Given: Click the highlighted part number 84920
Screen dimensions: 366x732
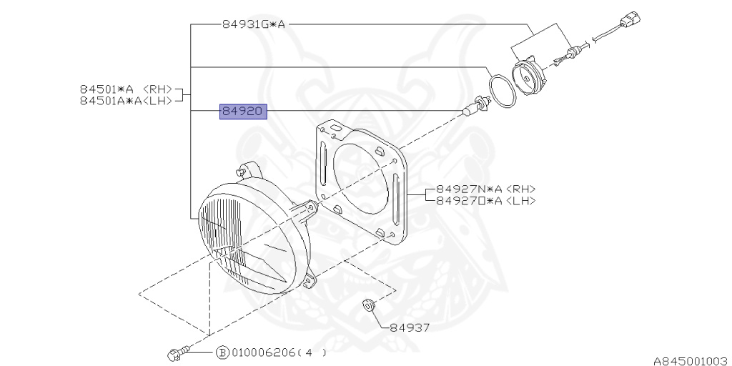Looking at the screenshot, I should click(x=243, y=112).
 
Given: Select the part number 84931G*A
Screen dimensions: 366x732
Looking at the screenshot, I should click(x=253, y=24).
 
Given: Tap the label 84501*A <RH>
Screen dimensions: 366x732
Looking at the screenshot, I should click(x=126, y=89).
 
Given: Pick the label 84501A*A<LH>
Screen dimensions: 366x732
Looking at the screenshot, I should click(x=126, y=102).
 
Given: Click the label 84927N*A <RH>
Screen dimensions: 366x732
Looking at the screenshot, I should click(x=480, y=189).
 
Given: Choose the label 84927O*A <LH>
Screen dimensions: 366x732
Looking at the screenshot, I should click(x=480, y=201).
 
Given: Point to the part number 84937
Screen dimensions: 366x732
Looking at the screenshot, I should click(x=410, y=327).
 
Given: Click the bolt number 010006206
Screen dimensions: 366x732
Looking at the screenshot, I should click(x=262, y=352).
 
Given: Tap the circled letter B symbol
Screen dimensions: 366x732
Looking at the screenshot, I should click(x=222, y=352).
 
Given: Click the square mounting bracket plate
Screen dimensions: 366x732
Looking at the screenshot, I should click(x=361, y=182).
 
